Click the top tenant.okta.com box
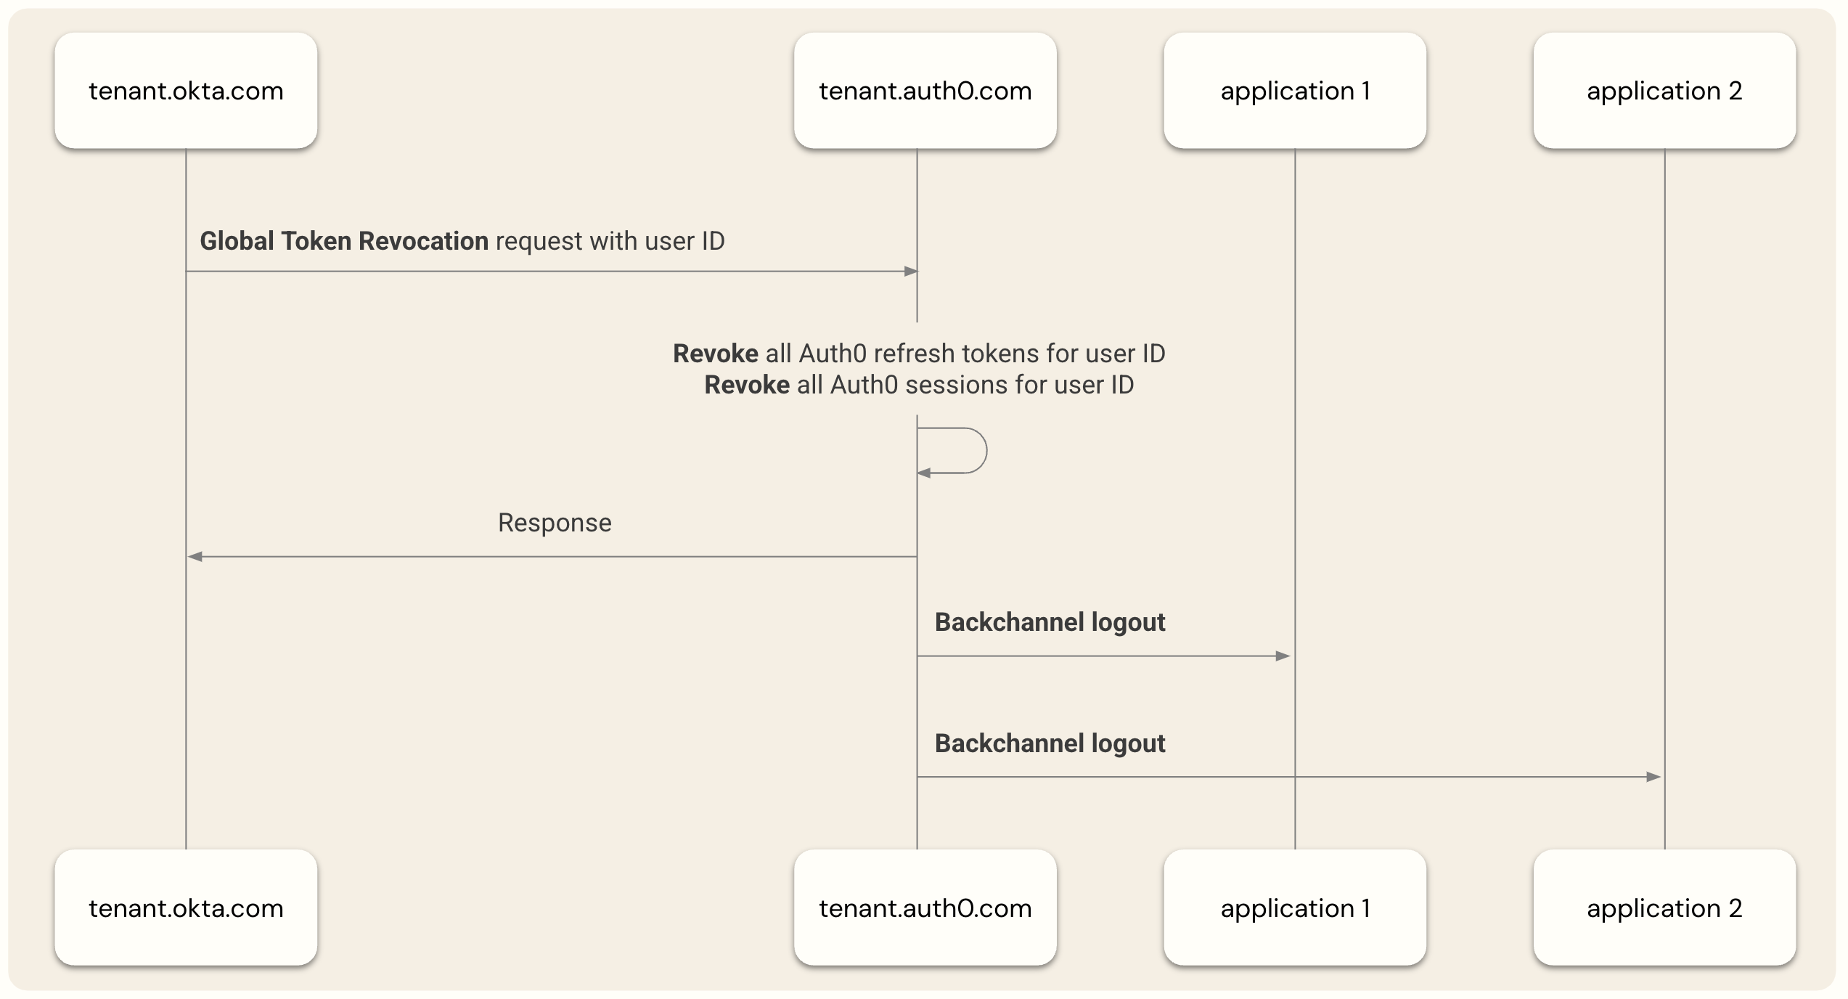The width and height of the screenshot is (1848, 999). click(x=186, y=91)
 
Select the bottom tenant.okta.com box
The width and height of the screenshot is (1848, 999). click(x=186, y=908)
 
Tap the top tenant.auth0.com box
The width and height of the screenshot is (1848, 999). click(x=925, y=91)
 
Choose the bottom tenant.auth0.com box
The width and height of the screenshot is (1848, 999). click(x=925, y=908)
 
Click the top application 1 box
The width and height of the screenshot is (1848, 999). click(x=1295, y=91)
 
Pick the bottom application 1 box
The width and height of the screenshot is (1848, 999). click(x=1295, y=908)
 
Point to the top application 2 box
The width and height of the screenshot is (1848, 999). click(x=1664, y=91)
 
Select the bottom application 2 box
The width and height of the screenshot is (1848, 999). click(x=1664, y=908)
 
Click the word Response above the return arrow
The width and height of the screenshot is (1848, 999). click(x=555, y=523)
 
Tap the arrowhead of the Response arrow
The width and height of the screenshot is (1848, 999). click(x=195, y=557)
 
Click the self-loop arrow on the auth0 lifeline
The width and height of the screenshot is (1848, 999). click(x=973, y=451)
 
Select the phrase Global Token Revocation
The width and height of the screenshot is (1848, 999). click(x=344, y=241)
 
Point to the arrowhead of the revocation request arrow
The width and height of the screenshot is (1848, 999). click(x=911, y=272)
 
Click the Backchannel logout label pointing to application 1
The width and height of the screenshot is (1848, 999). click(x=1050, y=622)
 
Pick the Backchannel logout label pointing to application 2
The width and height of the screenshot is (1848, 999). click(x=1050, y=743)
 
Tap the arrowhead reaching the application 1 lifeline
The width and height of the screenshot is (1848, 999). click(x=1283, y=656)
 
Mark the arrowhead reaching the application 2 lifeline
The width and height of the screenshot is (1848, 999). click(x=1653, y=777)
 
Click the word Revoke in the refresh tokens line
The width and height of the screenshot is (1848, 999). click(x=715, y=354)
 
